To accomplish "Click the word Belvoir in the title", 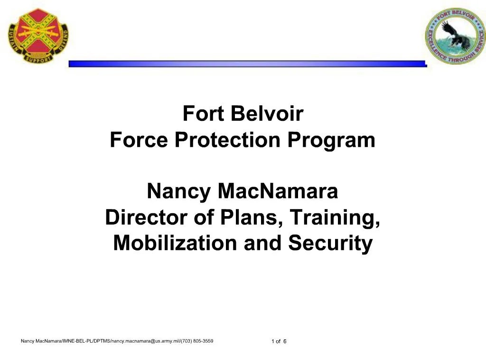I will tap(268, 114).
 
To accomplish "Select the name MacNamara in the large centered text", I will tap(278, 192).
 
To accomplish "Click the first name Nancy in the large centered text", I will tap(179, 192).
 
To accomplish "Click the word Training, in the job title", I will tap(335, 218).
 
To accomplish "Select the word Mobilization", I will tap(175, 243).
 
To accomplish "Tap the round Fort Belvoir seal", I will tap(455, 36).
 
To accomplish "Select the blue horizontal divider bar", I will tap(247, 64).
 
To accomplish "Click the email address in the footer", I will tap(143, 341).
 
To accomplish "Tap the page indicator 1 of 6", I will tap(279, 342).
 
